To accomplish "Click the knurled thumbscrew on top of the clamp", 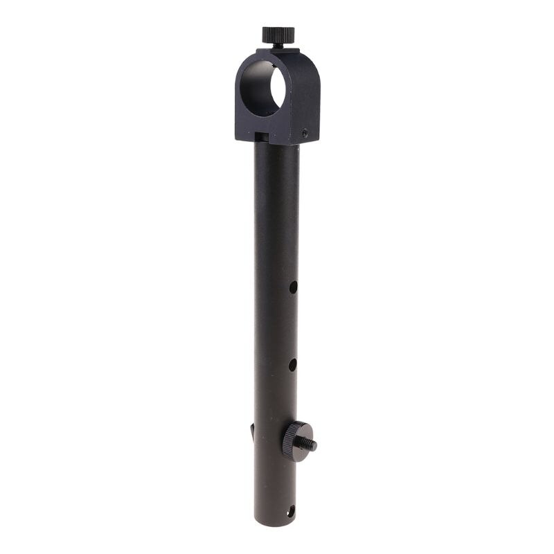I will [278, 33].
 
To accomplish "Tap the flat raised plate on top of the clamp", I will [278, 50].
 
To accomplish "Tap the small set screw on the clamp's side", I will [305, 132].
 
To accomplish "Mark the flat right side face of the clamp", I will [309, 97].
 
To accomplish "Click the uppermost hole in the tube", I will [293, 286].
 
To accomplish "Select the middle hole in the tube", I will [292, 364].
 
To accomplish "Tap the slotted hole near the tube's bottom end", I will [290, 512].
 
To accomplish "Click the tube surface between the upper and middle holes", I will [277, 325].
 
